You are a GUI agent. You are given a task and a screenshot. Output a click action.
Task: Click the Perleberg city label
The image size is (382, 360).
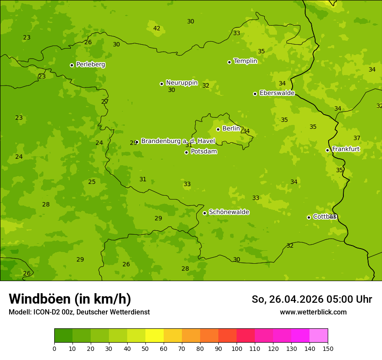pos(90,65)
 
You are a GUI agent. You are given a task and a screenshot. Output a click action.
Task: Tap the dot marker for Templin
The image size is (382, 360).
pos(229,62)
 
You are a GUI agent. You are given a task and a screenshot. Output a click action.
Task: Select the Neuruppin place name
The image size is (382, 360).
pos(181,83)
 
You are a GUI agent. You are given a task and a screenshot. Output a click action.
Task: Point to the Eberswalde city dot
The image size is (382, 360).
pos(255,94)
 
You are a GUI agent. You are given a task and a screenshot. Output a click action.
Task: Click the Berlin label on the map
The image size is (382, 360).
pos(231,129)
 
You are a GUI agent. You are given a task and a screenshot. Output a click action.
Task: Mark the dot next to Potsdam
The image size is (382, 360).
pos(186,152)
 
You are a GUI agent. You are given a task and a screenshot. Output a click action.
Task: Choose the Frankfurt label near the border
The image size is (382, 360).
pos(346,149)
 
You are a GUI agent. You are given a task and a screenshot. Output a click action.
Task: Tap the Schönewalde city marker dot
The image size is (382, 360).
pos(204,213)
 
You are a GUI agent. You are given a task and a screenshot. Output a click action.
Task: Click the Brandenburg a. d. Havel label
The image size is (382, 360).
pos(178,141)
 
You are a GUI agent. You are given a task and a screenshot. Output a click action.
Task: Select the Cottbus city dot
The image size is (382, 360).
pos(309,217)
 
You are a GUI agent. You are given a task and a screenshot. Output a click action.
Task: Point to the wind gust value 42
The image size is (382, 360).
pos(157,29)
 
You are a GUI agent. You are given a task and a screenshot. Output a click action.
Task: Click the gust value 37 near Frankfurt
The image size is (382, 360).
pos(357,138)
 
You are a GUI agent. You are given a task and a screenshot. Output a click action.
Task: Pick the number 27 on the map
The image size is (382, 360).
pos(105,102)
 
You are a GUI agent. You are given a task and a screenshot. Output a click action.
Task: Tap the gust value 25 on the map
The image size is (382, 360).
pos(92,182)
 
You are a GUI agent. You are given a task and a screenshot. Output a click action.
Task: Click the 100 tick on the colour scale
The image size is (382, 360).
pos(237,348)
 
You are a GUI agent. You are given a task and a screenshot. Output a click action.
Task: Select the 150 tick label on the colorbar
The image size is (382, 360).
pos(328,348)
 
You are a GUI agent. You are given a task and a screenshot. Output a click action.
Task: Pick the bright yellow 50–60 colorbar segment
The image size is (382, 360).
pos(155,336)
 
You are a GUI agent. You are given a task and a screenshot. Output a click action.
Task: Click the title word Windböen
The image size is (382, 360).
pos(40,299)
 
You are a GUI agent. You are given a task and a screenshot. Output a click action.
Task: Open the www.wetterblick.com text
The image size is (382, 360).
pos(313,312)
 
